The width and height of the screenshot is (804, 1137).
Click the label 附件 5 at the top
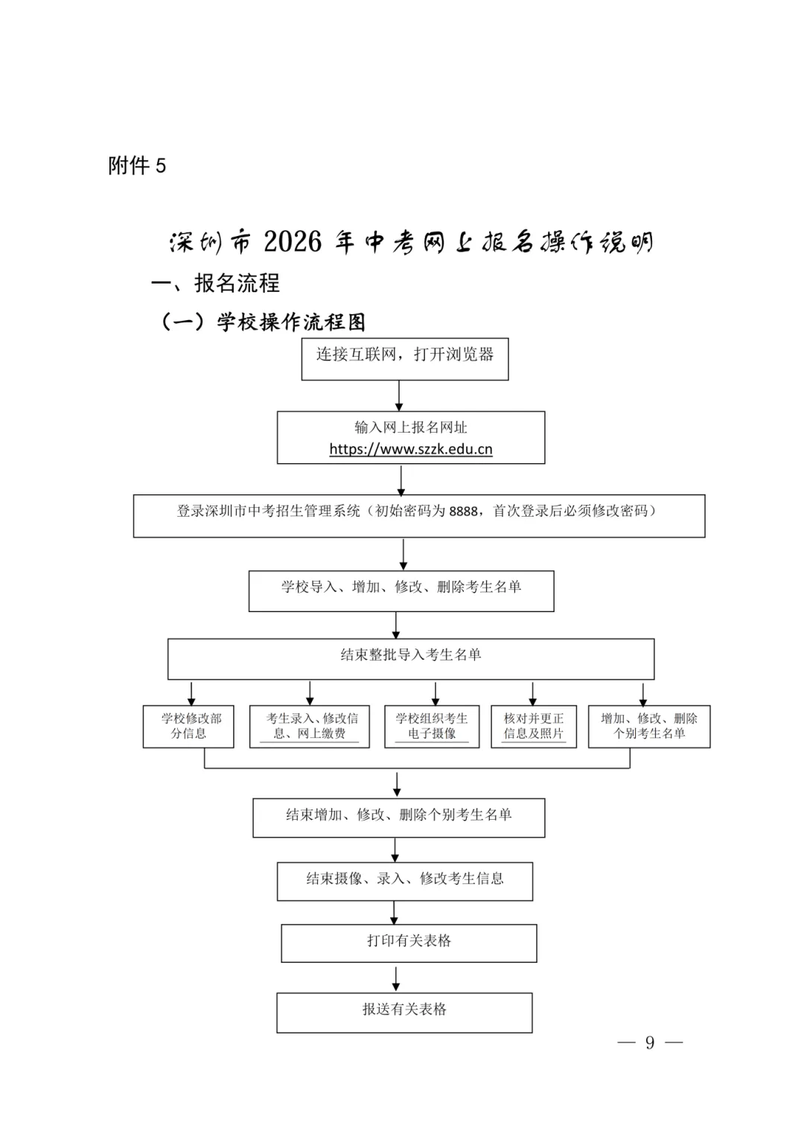pyautogui.click(x=137, y=165)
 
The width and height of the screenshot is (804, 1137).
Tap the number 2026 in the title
pyautogui.click(x=293, y=242)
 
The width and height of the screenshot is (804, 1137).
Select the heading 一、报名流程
pyautogui.click(x=216, y=283)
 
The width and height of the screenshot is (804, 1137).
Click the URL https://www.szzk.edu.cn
pyautogui.click(x=411, y=449)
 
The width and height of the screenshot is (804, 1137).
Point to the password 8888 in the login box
pyautogui.click(x=463, y=512)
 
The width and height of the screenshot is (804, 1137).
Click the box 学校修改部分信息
pyautogui.click(x=188, y=726)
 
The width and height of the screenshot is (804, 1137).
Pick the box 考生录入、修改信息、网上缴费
pyautogui.click(x=310, y=726)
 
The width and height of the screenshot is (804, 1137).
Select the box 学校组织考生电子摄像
pyautogui.click(x=432, y=726)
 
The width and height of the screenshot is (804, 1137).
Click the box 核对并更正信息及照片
pyautogui.click(x=534, y=726)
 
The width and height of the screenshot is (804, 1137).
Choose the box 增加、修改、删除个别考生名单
pyautogui.click(x=649, y=726)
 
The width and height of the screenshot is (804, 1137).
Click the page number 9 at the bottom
pyautogui.click(x=650, y=1042)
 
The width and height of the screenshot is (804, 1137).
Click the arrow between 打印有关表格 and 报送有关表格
pyautogui.click(x=396, y=977)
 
